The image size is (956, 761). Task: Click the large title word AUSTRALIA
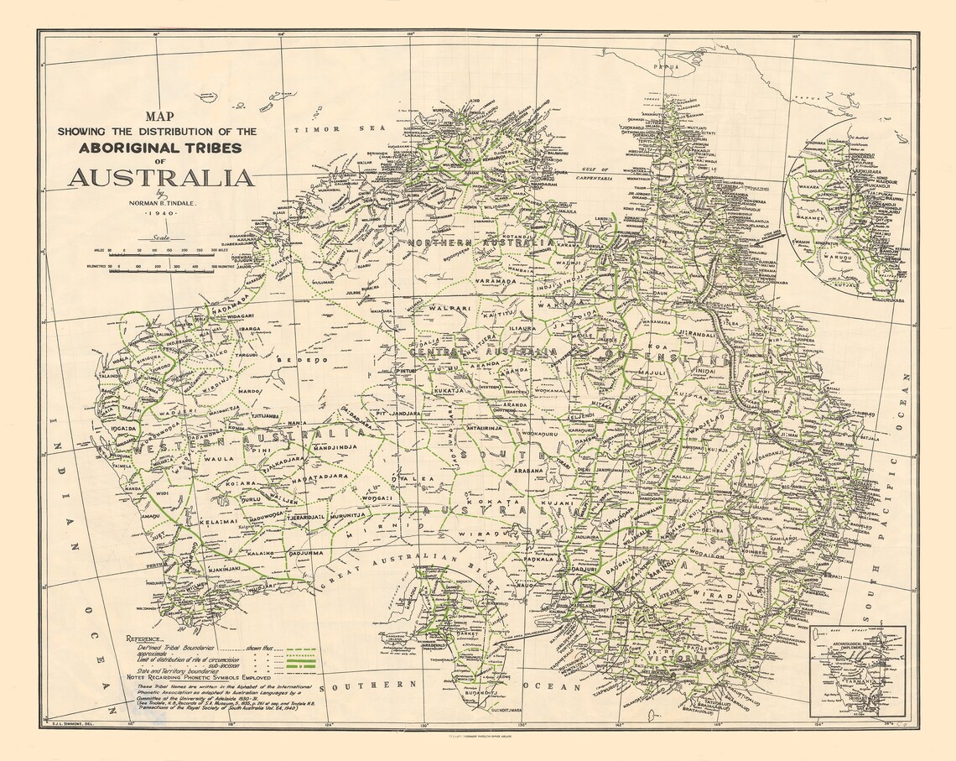tap(161, 179)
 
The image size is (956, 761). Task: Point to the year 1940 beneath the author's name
tap(161, 215)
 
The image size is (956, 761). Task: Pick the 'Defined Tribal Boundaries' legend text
tap(173, 649)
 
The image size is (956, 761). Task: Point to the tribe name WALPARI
tap(444, 309)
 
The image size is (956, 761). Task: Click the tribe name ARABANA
tap(529, 471)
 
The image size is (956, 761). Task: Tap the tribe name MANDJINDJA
tap(312, 448)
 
